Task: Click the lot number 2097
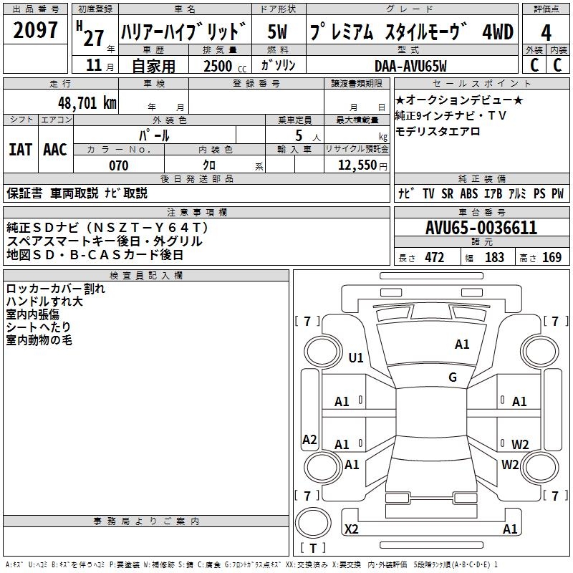tap(36, 30)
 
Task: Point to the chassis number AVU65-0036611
tap(481, 228)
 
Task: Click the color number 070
tap(118, 165)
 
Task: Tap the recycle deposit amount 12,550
tap(357, 165)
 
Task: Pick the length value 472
tap(434, 258)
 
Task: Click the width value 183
tap(494, 258)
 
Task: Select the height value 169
tap(552, 258)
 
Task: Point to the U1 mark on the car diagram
tap(356, 358)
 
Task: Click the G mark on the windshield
tap(453, 377)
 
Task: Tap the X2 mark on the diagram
tap(352, 529)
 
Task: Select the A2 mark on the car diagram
tap(309, 440)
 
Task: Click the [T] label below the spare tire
tap(313, 549)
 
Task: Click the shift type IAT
tap(20, 149)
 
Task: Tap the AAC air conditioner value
tap(54, 149)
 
